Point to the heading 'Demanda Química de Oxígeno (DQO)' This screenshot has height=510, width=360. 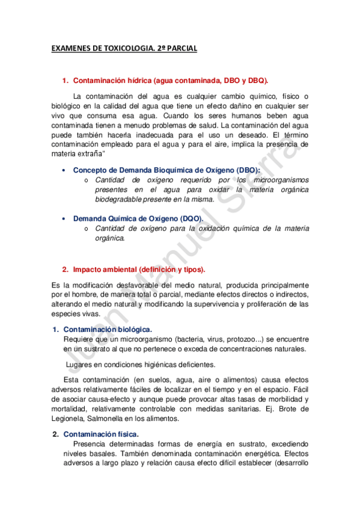click(138, 219)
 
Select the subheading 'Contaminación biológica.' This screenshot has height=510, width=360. click(108, 330)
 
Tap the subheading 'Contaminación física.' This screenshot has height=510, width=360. click(101, 434)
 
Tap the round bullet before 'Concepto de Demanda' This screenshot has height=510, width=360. click(63, 171)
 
